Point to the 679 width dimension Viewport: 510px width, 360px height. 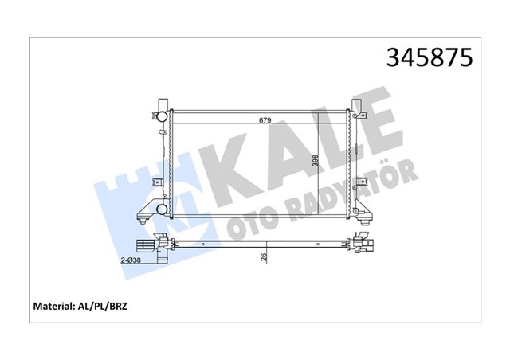[265, 120]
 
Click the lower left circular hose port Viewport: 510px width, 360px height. [163, 209]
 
